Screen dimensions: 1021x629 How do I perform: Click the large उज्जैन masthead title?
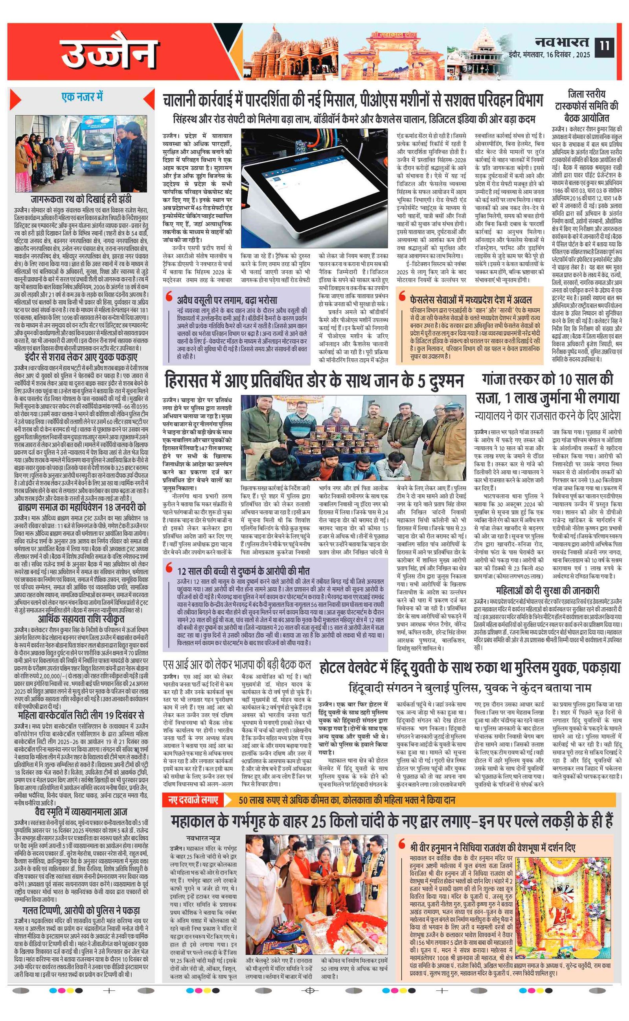click(109, 53)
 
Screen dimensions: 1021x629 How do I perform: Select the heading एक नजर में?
click(82, 97)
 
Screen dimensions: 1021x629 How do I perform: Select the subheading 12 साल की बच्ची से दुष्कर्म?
click(243, 571)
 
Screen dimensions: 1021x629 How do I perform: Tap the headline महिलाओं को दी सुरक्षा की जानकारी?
click(548, 590)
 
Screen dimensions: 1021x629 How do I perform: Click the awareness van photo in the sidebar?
click(81, 153)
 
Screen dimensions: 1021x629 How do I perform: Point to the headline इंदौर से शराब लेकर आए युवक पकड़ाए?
click(81, 358)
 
